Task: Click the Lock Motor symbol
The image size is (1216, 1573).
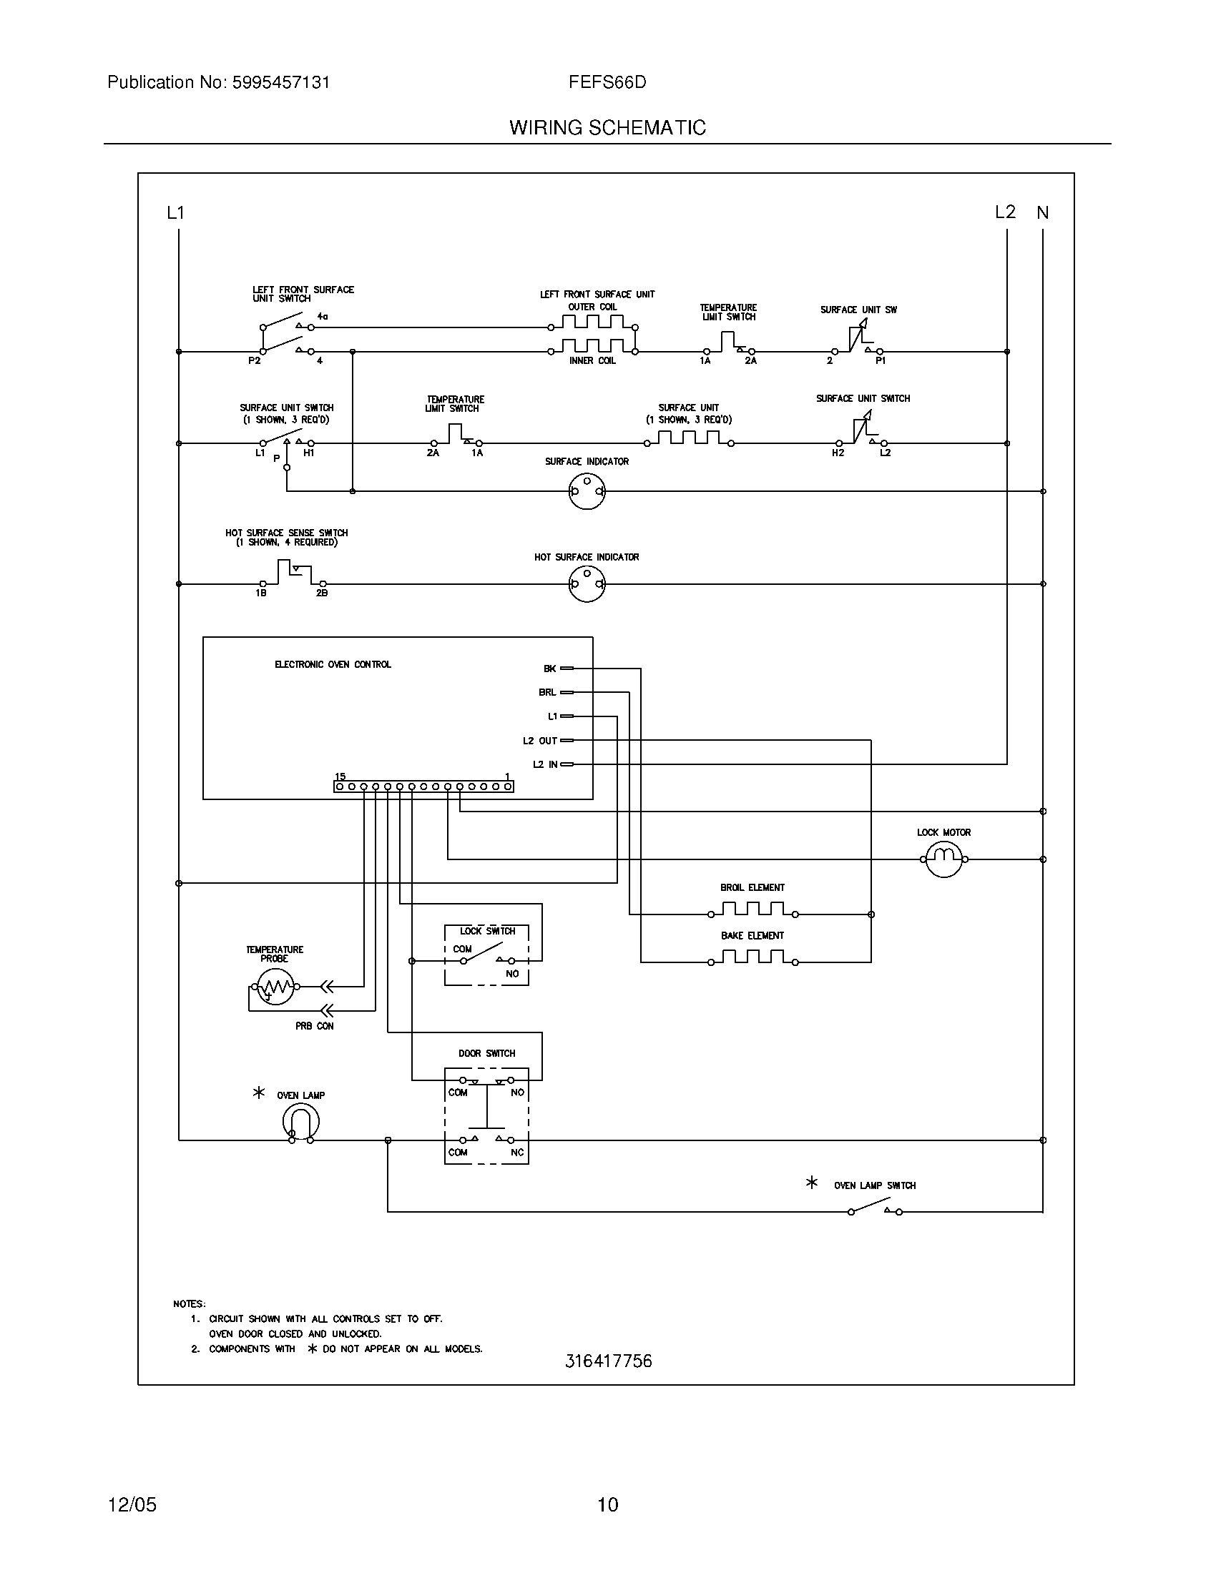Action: click(x=943, y=859)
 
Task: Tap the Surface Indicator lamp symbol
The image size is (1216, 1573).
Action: click(x=587, y=492)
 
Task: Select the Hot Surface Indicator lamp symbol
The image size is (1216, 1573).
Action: click(x=587, y=583)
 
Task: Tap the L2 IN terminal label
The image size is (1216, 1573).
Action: click(x=545, y=764)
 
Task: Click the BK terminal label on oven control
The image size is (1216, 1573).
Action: click(x=549, y=669)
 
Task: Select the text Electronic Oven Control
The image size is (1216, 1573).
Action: click(x=333, y=664)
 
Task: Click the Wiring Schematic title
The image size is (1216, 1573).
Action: click(x=607, y=127)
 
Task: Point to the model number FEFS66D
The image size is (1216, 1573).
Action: click(x=607, y=82)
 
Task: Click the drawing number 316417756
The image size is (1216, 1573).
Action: click(x=608, y=1361)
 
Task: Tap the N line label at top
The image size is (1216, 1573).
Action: click(x=1042, y=212)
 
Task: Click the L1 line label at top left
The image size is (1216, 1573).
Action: click(x=176, y=212)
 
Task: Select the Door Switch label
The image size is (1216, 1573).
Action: click(x=487, y=1053)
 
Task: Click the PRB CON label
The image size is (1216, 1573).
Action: click(x=314, y=1025)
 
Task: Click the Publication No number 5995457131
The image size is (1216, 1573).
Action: click(x=281, y=82)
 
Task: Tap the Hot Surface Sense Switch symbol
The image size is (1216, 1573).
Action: click(x=292, y=574)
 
